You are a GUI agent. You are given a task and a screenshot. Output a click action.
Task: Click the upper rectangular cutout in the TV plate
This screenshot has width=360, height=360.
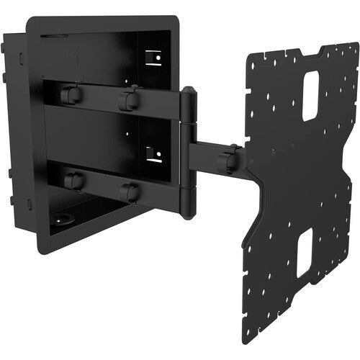(x=310, y=95)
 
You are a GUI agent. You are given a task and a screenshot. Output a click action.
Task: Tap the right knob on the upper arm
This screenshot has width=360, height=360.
(x=129, y=99)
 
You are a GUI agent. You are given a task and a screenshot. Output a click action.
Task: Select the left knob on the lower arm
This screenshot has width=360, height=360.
(x=72, y=179)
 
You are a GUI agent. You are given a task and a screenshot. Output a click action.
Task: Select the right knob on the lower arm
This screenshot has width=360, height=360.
(x=130, y=192)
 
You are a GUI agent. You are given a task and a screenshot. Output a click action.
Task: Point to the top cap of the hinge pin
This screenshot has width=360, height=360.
(x=188, y=92)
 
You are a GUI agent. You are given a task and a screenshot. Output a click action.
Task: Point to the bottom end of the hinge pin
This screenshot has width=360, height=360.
(x=186, y=214)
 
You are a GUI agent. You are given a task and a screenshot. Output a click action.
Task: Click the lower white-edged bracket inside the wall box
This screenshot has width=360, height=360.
(x=153, y=153)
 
